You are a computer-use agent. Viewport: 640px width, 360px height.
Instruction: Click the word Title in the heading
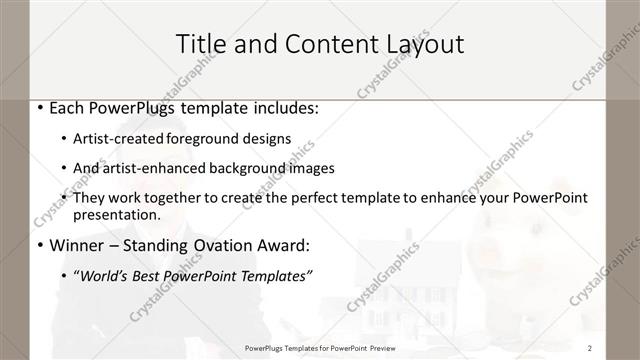(201, 44)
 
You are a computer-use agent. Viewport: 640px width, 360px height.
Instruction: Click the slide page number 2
(590, 348)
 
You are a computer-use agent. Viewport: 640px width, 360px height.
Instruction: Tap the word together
(191, 198)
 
